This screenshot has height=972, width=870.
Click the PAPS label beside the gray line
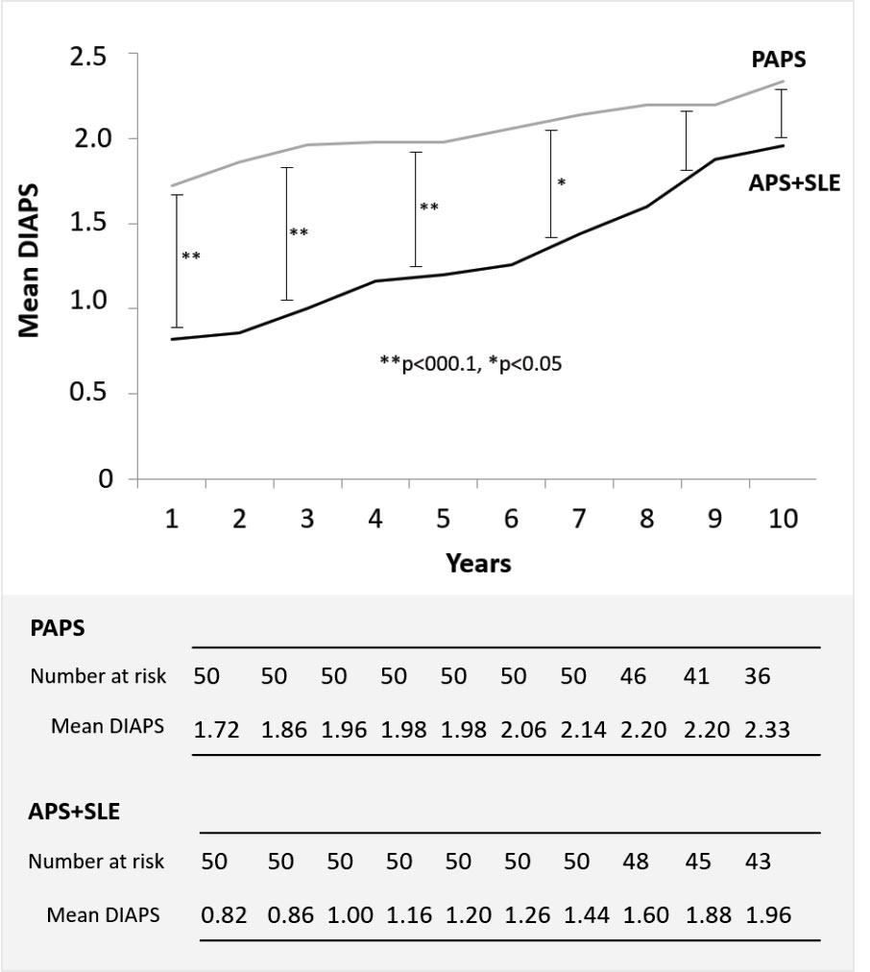point(780,60)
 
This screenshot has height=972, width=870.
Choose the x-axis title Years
point(477,563)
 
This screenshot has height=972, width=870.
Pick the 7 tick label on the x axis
point(578,520)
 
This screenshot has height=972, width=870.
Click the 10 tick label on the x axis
point(783,520)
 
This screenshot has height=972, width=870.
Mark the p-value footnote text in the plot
point(469,365)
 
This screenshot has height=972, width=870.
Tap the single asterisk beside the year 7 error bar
point(561,182)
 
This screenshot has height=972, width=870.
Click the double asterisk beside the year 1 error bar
point(190,256)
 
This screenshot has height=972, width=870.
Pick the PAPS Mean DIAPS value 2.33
point(768,728)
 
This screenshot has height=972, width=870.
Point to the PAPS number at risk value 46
point(633,676)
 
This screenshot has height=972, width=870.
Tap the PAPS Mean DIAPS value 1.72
point(217,728)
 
